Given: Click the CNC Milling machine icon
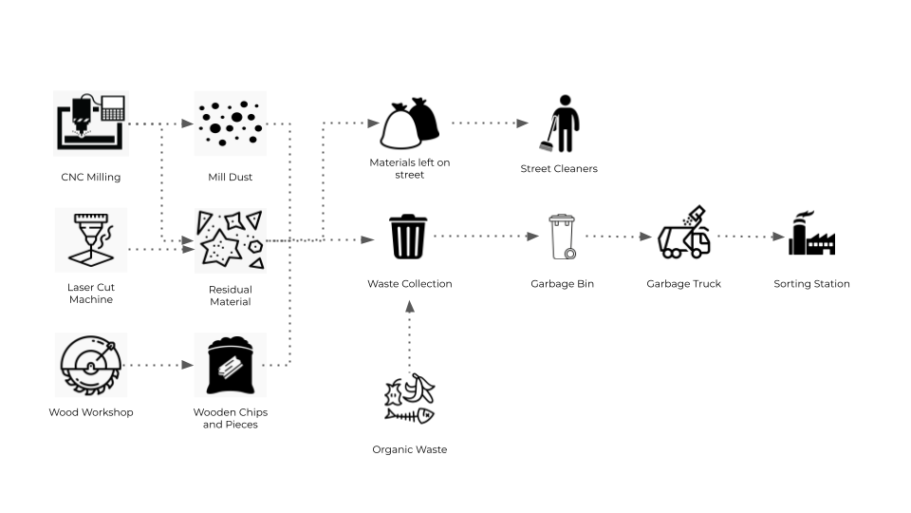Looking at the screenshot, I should tap(90, 123).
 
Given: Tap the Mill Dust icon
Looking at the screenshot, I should tap(230, 123).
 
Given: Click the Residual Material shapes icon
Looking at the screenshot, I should tap(230, 240).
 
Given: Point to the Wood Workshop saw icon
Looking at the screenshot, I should tap(90, 365).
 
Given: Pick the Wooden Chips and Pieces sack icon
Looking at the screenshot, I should tap(230, 365).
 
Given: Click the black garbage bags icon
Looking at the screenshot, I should tap(410, 124).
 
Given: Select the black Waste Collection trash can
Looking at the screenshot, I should tap(408, 237).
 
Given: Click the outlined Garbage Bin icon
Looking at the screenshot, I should tap(562, 237).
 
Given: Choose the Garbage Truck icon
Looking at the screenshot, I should tap(684, 233).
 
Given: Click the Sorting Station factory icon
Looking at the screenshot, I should tap(811, 234).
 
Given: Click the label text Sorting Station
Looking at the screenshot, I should tap(811, 284).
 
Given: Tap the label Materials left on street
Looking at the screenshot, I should tap(410, 168).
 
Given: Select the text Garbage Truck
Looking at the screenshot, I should tap(683, 284).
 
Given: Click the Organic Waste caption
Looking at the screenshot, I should tap(409, 449).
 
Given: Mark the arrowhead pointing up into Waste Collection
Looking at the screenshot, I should tap(409, 307).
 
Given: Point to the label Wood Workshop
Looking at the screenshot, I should tap(91, 412).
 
